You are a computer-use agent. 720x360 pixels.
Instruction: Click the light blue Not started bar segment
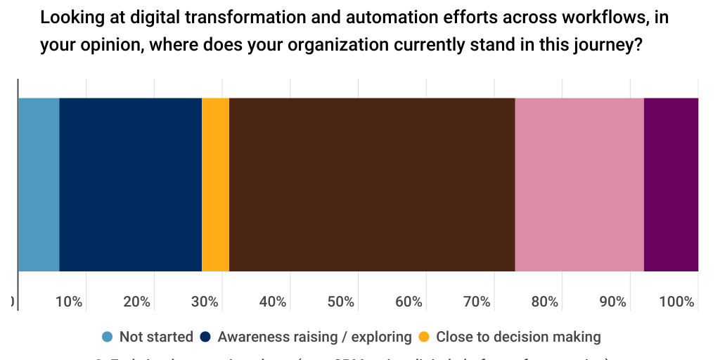pos(39,184)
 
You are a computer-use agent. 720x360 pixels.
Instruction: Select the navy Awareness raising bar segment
pos(131,184)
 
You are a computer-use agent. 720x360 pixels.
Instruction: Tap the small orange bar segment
pos(216,184)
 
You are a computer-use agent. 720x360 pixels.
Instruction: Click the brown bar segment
pos(372,184)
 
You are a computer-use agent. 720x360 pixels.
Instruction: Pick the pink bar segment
pos(579,184)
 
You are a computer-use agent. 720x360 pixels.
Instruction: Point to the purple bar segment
pos(671,184)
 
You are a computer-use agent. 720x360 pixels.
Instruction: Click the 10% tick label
pos(69,302)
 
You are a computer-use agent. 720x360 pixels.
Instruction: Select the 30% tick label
pos(205,302)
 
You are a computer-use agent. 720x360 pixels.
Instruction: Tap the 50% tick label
pos(340,302)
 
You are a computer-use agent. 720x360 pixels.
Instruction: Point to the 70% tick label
pos(477,302)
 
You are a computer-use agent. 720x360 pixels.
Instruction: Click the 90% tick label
pos(612,302)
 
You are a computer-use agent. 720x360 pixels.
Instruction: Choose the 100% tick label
pos(677,302)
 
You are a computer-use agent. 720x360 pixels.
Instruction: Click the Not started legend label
pos(156,337)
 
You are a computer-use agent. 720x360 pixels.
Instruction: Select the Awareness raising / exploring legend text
pos(314,337)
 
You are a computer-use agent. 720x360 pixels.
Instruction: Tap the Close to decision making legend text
pos(518,337)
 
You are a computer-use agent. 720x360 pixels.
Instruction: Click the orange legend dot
pos(424,337)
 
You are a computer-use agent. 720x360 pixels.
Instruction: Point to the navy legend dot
pos(206,337)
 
